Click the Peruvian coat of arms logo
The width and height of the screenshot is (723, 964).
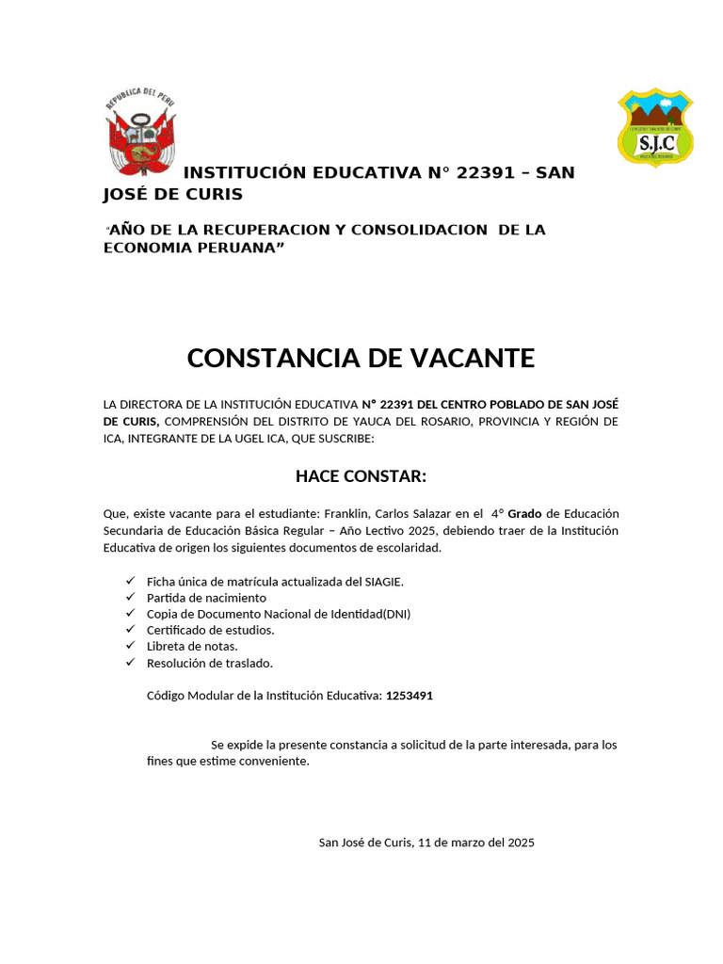coord(140,132)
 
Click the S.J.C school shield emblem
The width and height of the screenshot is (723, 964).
coord(655,127)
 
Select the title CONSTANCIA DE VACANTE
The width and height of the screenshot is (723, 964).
coord(361,358)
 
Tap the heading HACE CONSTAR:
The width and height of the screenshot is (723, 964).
coord(361,476)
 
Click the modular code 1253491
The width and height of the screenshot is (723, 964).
coord(410,696)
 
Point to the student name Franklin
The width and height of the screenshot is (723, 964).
coord(347,513)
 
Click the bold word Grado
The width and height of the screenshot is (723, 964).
coord(525,513)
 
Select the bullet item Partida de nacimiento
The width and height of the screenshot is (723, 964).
coord(206,598)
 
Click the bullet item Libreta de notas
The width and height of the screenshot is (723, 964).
coord(192,646)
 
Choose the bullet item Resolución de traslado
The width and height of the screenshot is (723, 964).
coord(209,663)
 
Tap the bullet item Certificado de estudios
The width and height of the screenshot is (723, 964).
coord(210,630)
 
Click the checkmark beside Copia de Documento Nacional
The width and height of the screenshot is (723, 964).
coord(130,614)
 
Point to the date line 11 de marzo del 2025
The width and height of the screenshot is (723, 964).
coord(474,843)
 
